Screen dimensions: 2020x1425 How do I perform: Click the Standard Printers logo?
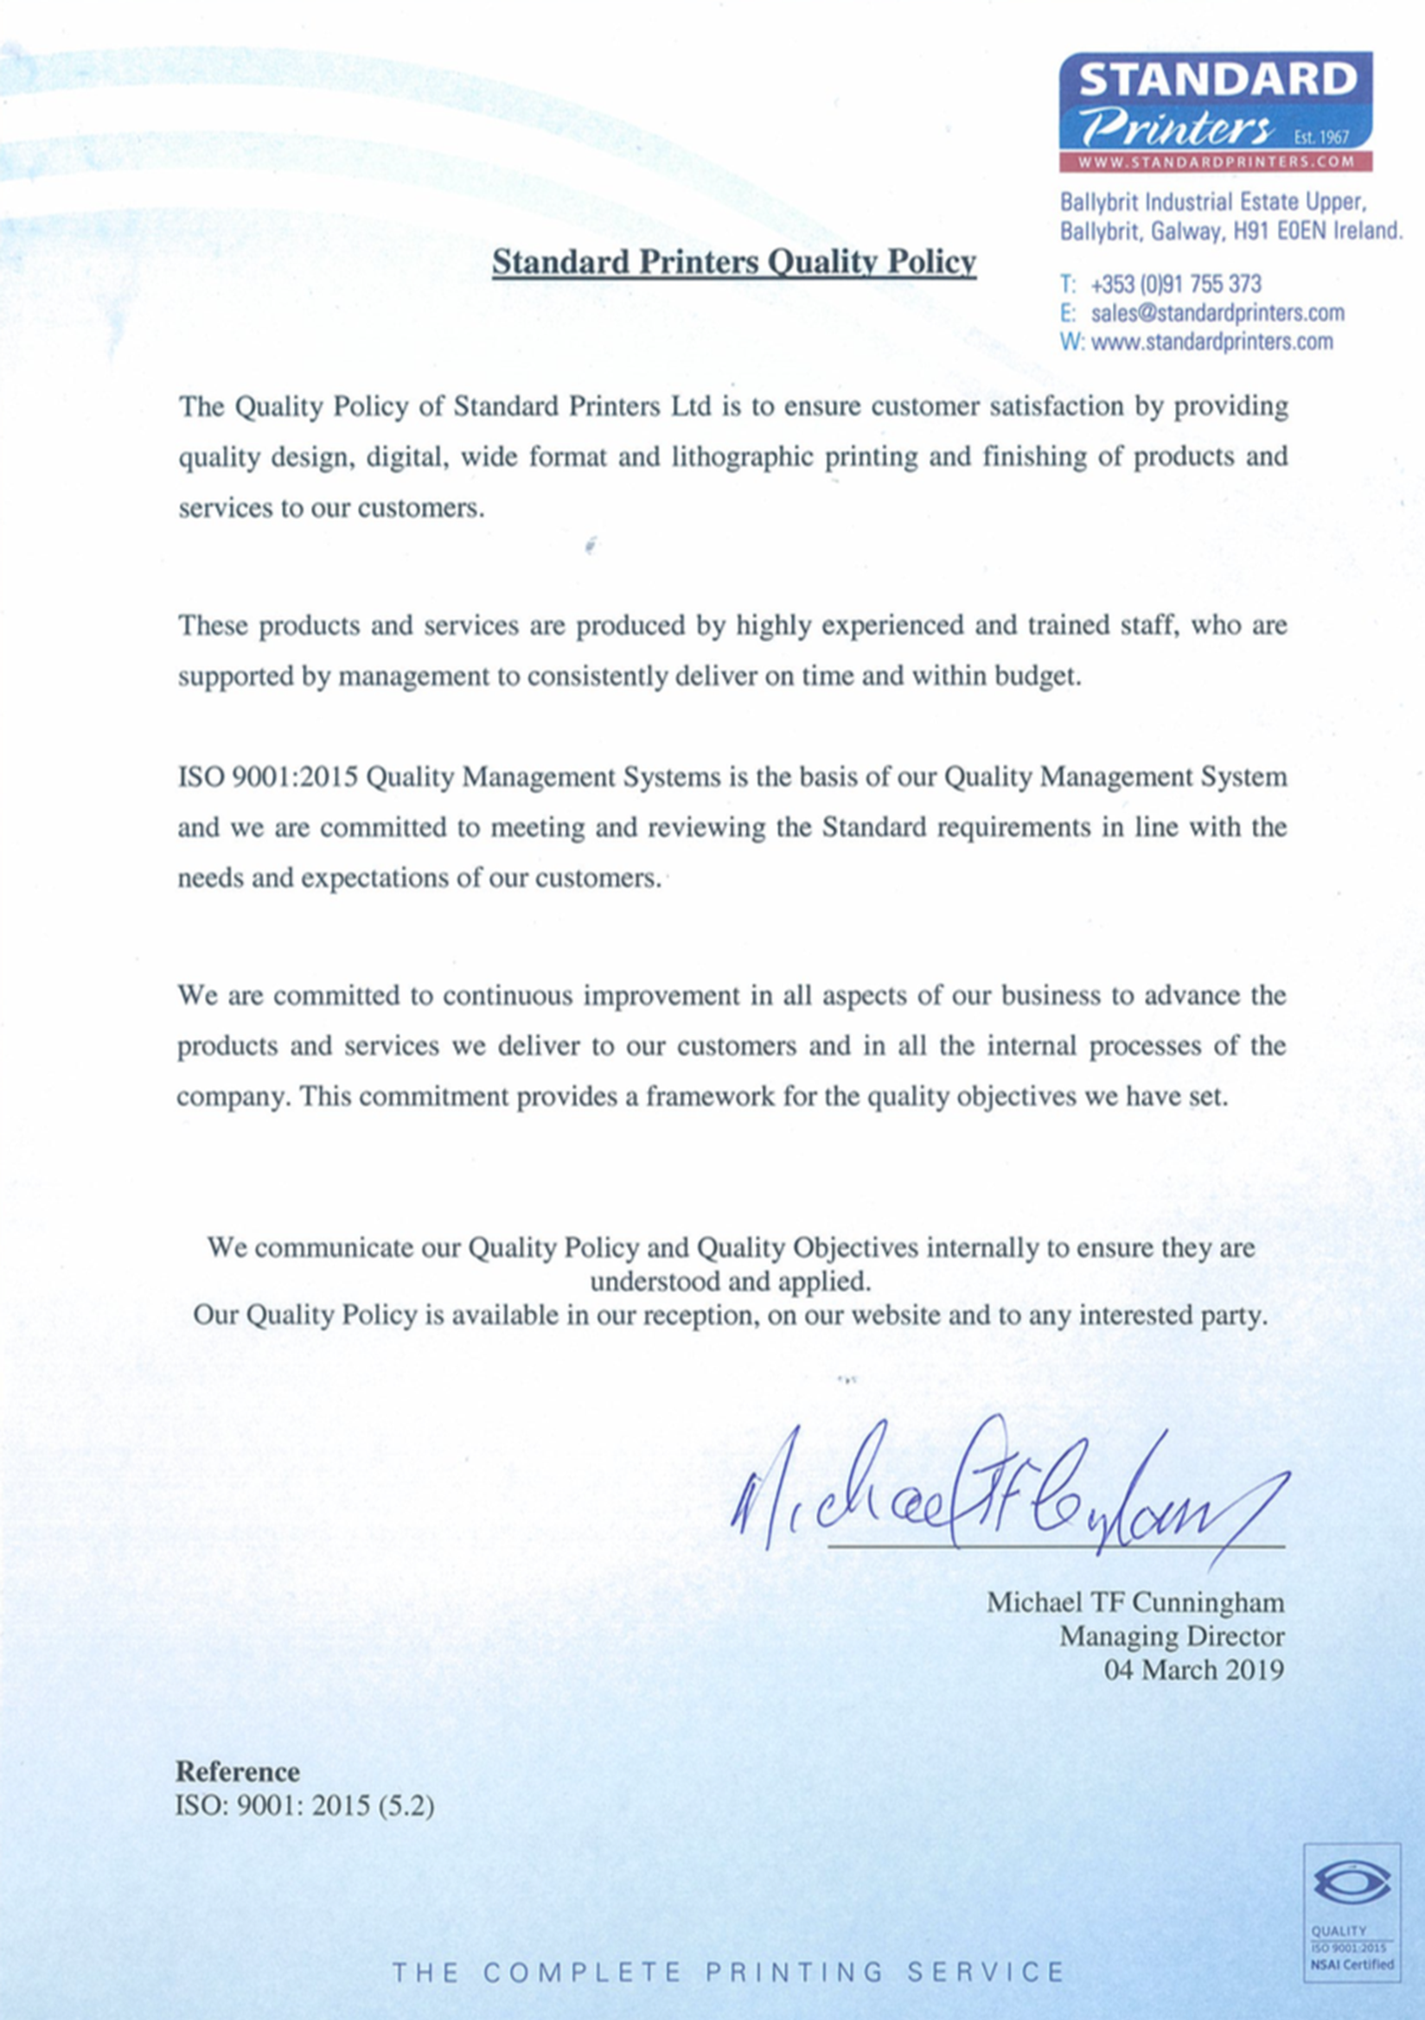1215,111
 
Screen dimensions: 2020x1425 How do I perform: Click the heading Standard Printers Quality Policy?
733,262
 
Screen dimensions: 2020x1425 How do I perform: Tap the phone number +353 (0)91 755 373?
1175,284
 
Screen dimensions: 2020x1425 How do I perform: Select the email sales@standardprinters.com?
1217,312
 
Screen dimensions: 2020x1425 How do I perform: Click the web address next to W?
1212,341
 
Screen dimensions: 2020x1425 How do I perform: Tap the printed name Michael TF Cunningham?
1134,1603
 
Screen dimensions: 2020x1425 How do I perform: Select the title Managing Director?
1171,1636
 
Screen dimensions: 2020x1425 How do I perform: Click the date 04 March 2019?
1193,1670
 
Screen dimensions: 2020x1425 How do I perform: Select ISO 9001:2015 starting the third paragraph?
267,778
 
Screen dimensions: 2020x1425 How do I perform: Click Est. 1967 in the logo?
1321,137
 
